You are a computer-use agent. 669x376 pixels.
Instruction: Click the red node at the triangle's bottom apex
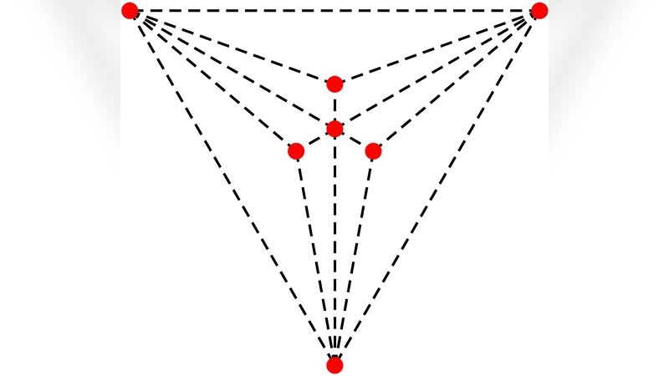point(334,365)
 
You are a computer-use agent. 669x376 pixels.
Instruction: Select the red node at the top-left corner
point(130,11)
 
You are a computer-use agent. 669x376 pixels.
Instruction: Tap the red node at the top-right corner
point(539,11)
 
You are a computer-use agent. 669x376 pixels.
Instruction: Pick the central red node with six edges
point(334,129)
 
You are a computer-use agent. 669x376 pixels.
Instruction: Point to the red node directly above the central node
point(334,84)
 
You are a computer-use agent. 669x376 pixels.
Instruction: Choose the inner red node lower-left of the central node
point(296,151)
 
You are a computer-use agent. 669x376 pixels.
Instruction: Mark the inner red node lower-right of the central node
point(373,151)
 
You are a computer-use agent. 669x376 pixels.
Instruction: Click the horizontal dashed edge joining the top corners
point(334,11)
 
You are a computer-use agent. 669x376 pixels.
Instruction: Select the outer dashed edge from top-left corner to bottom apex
point(232,188)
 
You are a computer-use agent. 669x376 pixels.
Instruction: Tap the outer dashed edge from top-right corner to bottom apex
point(437,188)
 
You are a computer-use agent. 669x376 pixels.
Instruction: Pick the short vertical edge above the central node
point(334,106)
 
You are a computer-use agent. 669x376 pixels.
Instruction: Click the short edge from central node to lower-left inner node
point(315,140)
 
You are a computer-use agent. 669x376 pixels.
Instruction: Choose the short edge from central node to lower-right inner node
point(354,140)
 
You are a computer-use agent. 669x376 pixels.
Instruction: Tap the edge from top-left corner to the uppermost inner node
point(232,47)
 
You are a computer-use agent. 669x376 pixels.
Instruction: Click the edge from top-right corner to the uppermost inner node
point(437,47)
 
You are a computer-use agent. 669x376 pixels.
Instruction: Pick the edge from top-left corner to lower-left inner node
point(212,81)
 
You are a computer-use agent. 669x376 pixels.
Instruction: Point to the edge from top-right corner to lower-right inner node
point(457,81)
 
